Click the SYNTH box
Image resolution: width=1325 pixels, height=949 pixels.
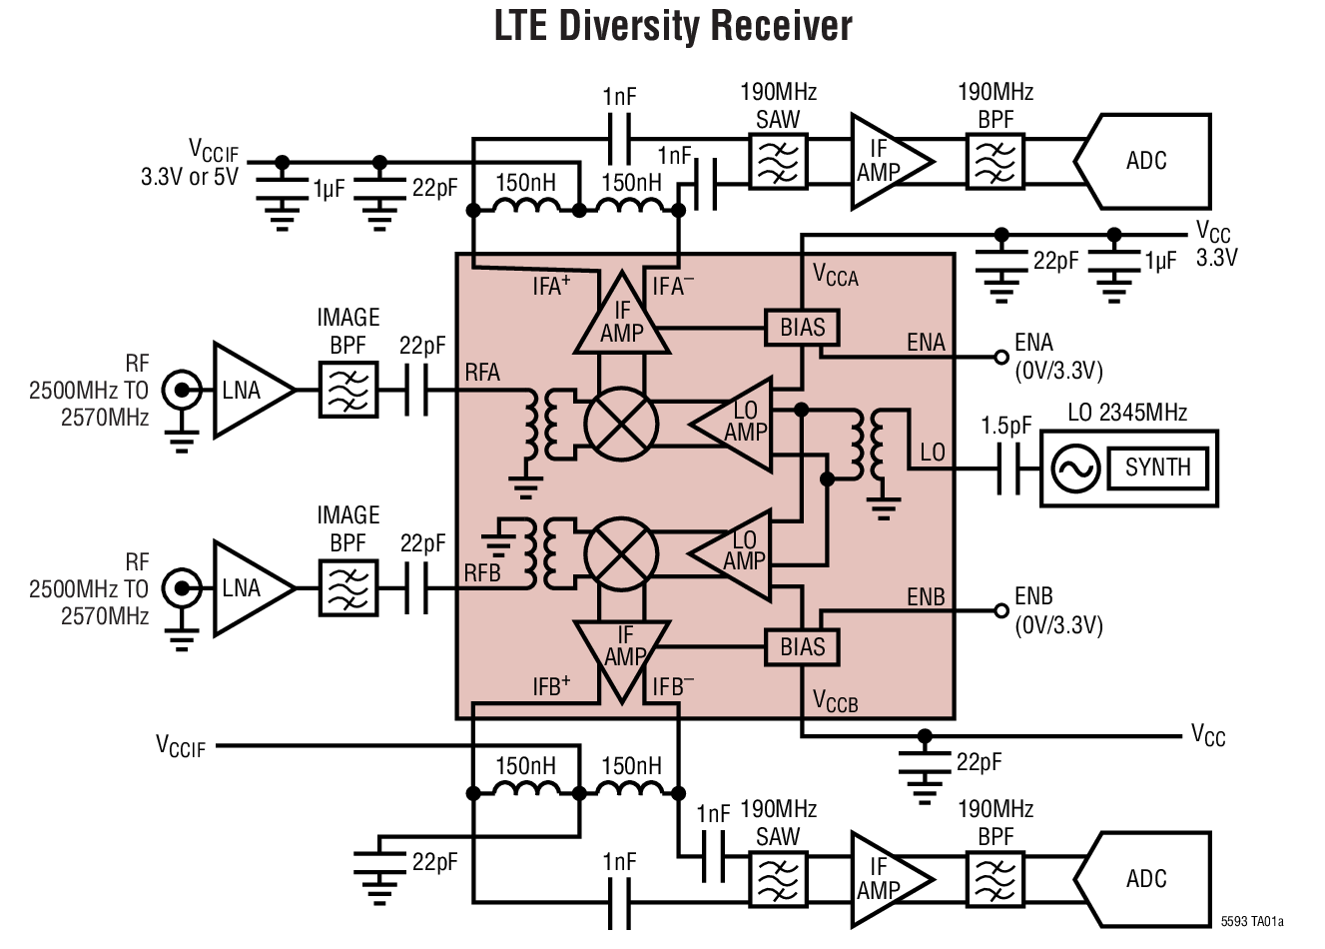pyautogui.click(x=1157, y=468)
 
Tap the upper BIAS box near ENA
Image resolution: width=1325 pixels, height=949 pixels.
pyautogui.click(x=803, y=328)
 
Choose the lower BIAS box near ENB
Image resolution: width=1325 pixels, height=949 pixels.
pyautogui.click(x=803, y=647)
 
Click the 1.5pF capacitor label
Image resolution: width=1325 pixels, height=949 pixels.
pyautogui.click(x=1005, y=427)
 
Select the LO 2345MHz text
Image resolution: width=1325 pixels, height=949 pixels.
pyautogui.click(x=1127, y=413)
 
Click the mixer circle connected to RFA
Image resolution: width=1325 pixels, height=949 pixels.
pyautogui.click(x=621, y=424)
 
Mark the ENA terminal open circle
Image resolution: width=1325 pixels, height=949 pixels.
pyautogui.click(x=1000, y=357)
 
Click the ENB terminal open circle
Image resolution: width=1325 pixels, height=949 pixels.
pyautogui.click(x=1000, y=610)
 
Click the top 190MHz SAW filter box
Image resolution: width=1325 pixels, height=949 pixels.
pyautogui.click(x=778, y=162)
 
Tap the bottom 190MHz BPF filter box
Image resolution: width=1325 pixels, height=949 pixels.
pyautogui.click(x=994, y=879)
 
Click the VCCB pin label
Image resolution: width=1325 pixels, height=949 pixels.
pyautogui.click(x=835, y=702)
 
